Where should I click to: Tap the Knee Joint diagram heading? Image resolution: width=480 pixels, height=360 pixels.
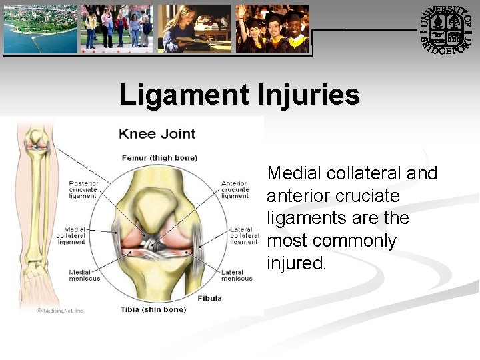(x=157, y=133)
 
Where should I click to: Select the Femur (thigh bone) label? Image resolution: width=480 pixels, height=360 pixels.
(x=159, y=158)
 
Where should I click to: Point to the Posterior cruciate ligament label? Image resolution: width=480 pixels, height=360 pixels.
(x=83, y=189)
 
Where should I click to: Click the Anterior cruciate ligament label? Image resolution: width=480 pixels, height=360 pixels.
(x=235, y=189)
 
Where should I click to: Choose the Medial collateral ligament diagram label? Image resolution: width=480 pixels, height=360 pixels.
(x=71, y=236)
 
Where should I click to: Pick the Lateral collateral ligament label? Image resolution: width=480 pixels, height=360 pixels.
(x=244, y=236)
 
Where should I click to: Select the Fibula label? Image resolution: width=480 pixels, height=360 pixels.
(x=210, y=298)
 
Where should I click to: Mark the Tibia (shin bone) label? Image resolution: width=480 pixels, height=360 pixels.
(x=153, y=309)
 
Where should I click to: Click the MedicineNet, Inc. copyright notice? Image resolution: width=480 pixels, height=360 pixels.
(x=61, y=311)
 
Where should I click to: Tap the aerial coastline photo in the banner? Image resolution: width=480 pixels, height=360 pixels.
(x=40, y=29)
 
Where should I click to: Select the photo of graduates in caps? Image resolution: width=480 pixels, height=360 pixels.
(x=273, y=29)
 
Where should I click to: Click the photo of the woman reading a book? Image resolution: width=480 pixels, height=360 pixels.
(x=195, y=29)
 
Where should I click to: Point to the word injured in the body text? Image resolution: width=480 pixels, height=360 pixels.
(x=297, y=263)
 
